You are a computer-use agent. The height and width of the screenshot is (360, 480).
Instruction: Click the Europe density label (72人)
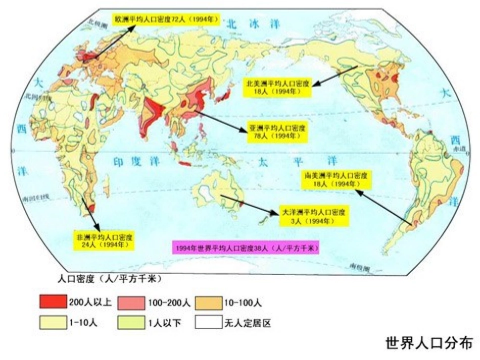[x=166, y=20]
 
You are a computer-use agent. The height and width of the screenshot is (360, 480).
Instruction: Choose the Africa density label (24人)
[x=105, y=240]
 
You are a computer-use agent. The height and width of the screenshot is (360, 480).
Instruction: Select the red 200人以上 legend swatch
[x=53, y=302]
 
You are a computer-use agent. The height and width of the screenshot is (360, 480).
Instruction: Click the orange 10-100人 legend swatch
[x=208, y=302]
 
